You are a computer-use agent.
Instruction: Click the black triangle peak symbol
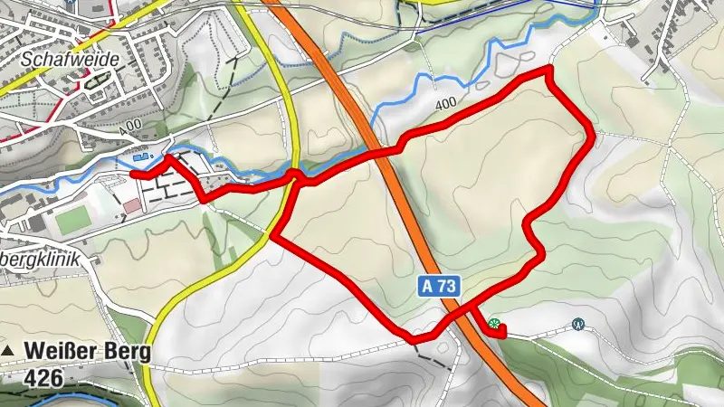click(8, 349)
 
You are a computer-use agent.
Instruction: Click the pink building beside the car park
click(132, 206)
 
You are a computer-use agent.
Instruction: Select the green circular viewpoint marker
click(493, 323)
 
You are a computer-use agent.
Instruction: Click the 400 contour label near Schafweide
click(129, 123)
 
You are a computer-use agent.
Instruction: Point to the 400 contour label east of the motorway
click(444, 105)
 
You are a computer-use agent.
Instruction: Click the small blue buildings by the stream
click(143, 156)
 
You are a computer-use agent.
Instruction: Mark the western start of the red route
click(133, 173)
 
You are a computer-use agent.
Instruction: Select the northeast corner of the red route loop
click(549, 70)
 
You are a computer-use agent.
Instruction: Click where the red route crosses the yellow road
click(295, 175)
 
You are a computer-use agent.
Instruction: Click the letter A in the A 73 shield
click(428, 286)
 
